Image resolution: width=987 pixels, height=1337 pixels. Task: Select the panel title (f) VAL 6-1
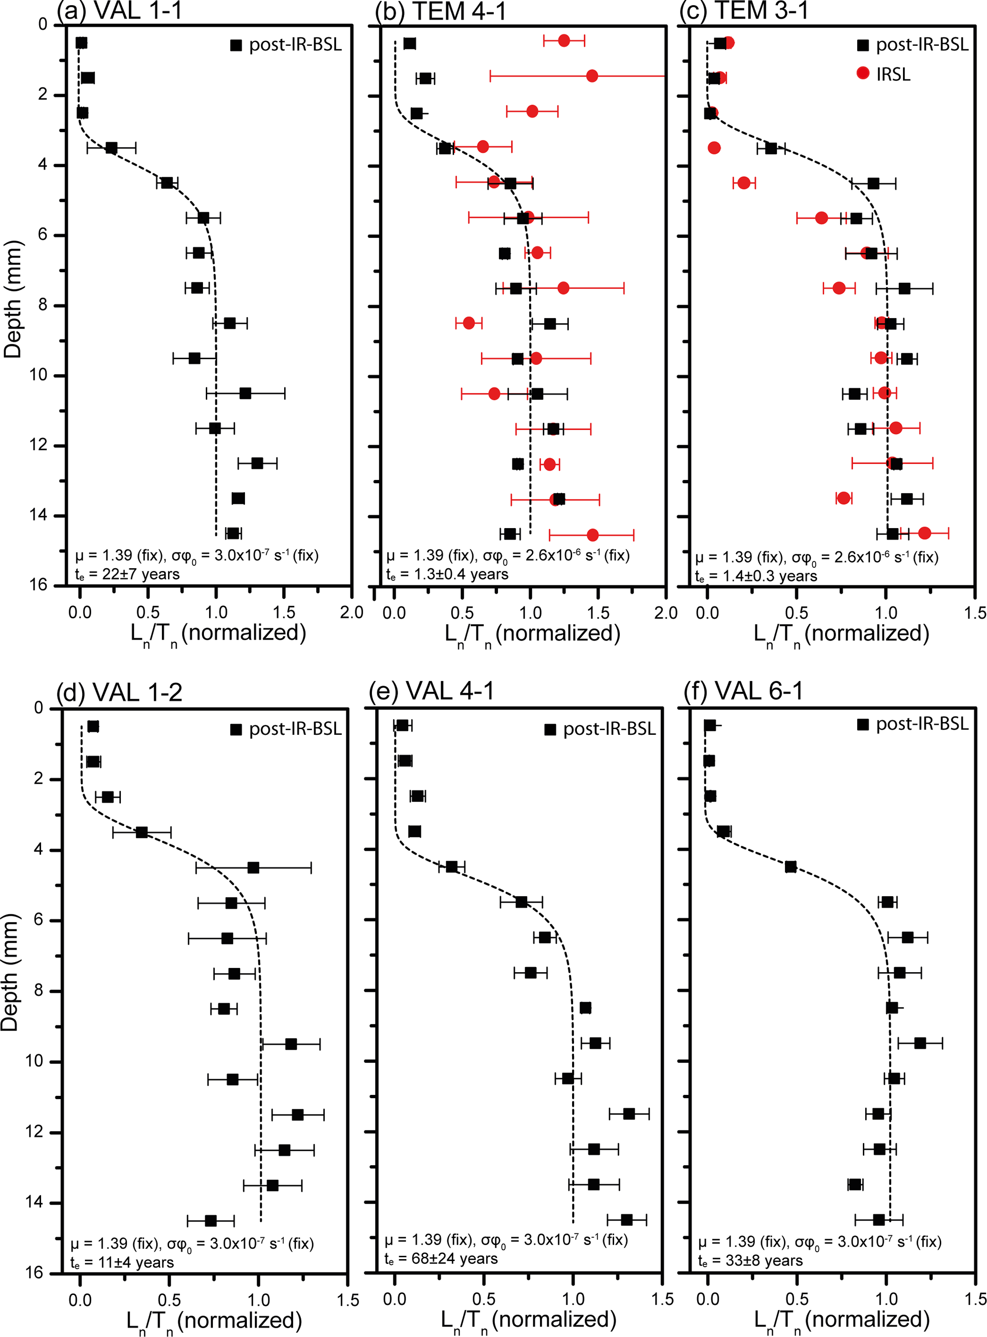[743, 691]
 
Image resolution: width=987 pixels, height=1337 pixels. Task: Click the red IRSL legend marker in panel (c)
[863, 73]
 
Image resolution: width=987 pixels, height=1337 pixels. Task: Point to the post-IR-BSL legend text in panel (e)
[609, 729]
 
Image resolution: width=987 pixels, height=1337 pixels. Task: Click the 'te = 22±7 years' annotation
[127, 574]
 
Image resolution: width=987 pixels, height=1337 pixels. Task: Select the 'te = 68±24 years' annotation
[441, 1259]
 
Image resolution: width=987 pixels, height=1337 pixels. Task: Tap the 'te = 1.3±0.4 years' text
[447, 574]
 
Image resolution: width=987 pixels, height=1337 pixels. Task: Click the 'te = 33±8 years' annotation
[751, 1261]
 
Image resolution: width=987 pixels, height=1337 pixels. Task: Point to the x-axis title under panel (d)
[214, 1321]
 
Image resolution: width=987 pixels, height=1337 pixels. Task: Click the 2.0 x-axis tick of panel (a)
[351, 612]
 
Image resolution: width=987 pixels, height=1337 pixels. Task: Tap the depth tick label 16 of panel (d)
[38, 1273]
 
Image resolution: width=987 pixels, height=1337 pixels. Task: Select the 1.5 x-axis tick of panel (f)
[975, 1299]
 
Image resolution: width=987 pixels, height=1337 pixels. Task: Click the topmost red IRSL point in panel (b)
[563, 41]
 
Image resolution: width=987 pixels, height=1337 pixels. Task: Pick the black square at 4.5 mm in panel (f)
[790, 867]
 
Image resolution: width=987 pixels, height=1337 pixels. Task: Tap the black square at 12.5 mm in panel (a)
[257, 464]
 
